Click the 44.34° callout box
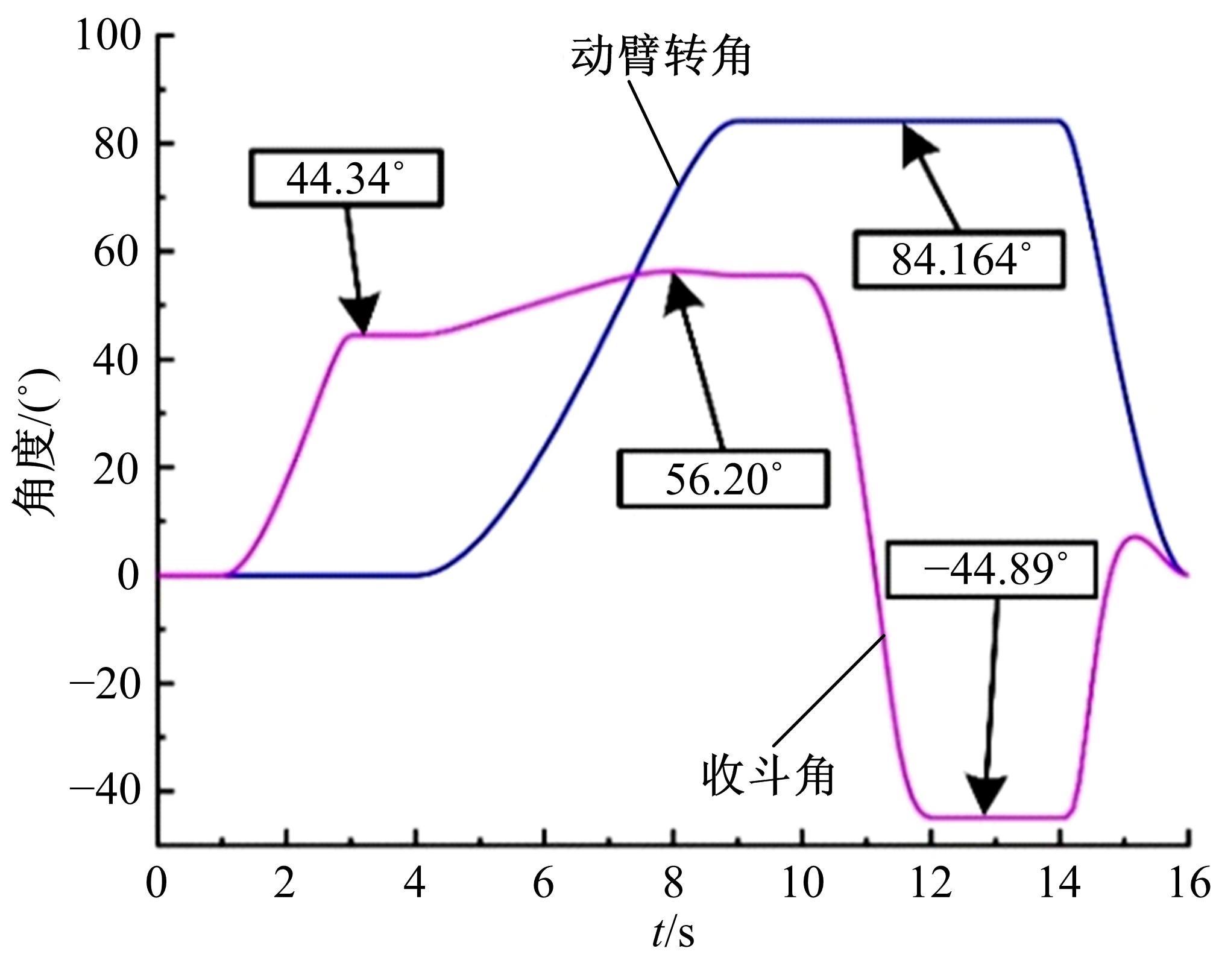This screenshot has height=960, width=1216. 347,178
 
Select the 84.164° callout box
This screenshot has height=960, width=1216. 959,259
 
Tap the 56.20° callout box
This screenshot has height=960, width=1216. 723,478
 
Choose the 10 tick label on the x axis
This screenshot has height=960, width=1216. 802,884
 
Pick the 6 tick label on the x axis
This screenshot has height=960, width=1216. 544,884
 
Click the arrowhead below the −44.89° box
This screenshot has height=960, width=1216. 986,796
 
